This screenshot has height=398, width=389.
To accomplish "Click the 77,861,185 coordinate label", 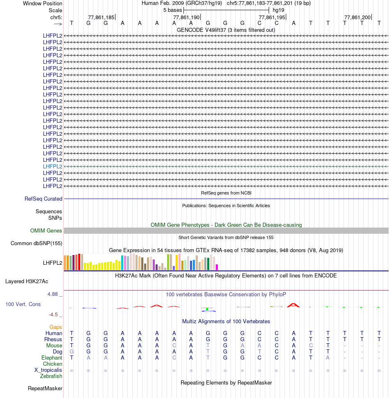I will (101, 17).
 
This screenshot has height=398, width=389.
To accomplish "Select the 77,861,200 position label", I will (357, 17).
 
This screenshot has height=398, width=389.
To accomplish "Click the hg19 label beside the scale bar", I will (278, 10).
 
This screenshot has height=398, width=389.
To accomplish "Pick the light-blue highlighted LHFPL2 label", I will (52, 166).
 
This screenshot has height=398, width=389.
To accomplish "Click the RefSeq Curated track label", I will (43, 199).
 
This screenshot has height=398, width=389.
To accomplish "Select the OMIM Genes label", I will (46, 231).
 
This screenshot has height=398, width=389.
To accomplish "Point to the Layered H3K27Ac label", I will (27, 281).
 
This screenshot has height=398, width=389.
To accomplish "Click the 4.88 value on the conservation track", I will (54, 294).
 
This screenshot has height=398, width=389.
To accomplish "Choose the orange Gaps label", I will (56, 327).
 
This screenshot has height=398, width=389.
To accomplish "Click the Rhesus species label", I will (53, 339).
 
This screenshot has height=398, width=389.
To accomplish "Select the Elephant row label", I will (52, 358).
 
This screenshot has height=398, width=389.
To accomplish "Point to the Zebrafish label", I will (51, 376).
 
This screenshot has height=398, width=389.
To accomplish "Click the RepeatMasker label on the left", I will (45, 388).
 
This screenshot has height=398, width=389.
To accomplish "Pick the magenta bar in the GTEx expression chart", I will (217, 267).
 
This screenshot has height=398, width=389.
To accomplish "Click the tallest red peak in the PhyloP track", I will (293, 305).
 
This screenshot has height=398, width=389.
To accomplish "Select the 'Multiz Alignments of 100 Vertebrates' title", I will (226, 321).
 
